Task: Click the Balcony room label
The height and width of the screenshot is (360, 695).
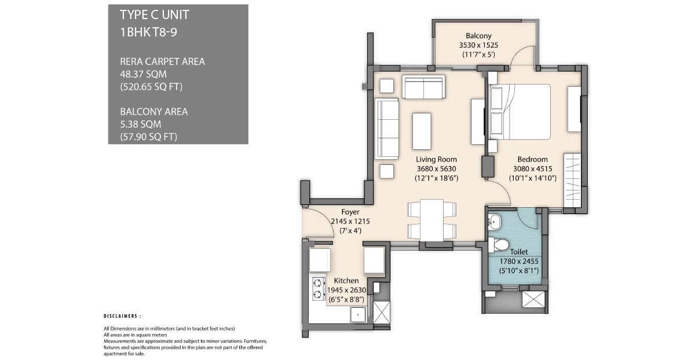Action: pyautogui.click(x=478, y=35)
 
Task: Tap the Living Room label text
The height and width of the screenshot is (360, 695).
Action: pyautogui.click(x=436, y=159)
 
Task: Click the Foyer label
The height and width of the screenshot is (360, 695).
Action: pyautogui.click(x=350, y=212)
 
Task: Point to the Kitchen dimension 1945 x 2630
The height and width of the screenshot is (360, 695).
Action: pyautogui.click(x=346, y=290)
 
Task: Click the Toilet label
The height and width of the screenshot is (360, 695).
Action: pyautogui.click(x=518, y=252)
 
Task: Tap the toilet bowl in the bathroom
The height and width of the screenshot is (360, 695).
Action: pyautogui.click(x=499, y=244)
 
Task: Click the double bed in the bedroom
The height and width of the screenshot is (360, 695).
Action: pyautogui.click(x=520, y=112)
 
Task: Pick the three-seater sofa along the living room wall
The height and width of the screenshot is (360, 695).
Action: pyautogui.click(x=387, y=128)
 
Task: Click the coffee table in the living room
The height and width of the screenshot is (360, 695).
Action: pyautogui.click(x=421, y=131)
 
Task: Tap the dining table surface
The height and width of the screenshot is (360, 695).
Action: pyautogui.click(x=431, y=220)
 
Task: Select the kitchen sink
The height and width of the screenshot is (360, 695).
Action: pyautogui.click(x=357, y=315)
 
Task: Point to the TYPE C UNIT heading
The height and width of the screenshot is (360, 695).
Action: pyautogui.click(x=154, y=14)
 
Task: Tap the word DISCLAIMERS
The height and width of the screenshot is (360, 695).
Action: pyautogui.click(x=122, y=317)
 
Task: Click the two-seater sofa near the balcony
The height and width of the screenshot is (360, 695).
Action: pyautogui.click(x=423, y=87)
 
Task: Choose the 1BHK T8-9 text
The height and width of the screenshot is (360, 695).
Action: pyautogui.click(x=148, y=32)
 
